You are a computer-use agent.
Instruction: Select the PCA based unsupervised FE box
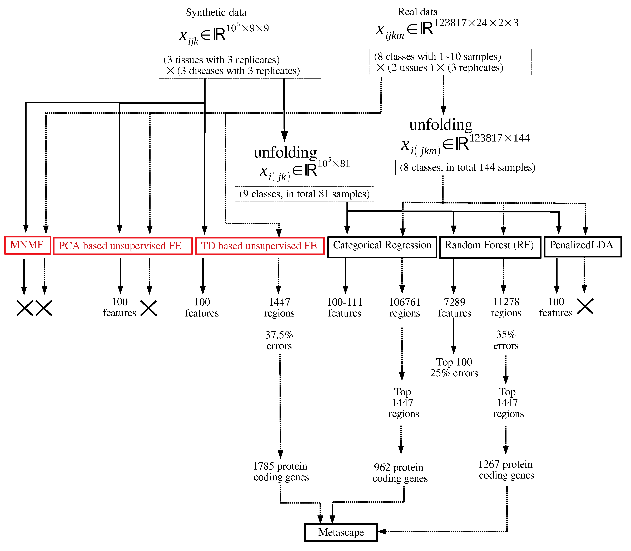(x=123, y=246)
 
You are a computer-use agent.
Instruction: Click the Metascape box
(x=341, y=532)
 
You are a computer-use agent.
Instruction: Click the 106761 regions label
(x=404, y=308)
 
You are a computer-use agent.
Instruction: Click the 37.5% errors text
(x=279, y=340)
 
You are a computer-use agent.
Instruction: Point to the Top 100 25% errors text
(x=454, y=367)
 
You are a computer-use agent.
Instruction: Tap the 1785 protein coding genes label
(x=280, y=471)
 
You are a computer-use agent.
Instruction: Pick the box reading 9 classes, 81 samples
(x=304, y=194)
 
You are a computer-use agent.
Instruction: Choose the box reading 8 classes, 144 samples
(x=467, y=168)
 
